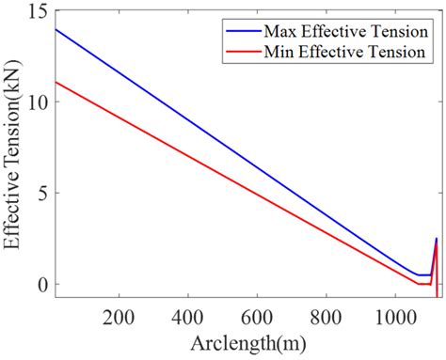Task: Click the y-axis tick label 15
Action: click(39, 12)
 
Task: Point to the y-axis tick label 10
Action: click(39, 102)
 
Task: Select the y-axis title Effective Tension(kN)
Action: click(13, 154)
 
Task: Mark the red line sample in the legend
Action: click(242, 52)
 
